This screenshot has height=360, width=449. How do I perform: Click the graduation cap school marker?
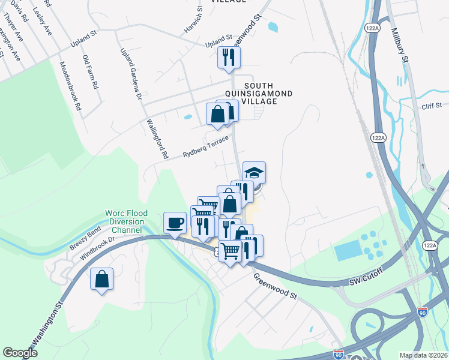(x=254, y=172)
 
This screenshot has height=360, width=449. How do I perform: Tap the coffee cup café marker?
(x=175, y=223)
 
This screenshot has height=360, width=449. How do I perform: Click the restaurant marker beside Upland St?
(x=228, y=58)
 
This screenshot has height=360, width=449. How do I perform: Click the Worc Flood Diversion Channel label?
(x=125, y=221)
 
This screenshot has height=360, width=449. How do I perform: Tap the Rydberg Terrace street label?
(x=206, y=147)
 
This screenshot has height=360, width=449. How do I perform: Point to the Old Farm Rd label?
(x=91, y=72)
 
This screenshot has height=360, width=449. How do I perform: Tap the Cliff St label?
(x=431, y=107)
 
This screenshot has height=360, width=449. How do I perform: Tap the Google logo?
(x=20, y=353)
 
